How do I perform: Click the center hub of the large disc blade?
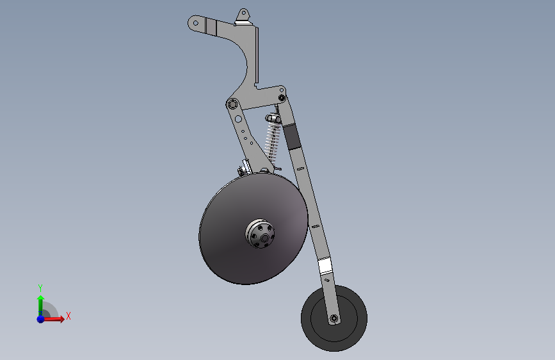pyautogui.click(x=260, y=234)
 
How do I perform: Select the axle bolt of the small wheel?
pyautogui.click(x=334, y=318)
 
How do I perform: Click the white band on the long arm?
pyautogui.click(x=325, y=266)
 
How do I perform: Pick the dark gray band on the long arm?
pyautogui.click(x=292, y=137)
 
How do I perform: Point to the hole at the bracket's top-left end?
pyautogui.click(x=195, y=23)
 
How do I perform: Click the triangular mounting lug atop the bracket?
pyautogui.click(x=243, y=17)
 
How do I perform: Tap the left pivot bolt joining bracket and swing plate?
pyautogui.click(x=232, y=104)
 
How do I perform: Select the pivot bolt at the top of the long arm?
pyautogui.click(x=282, y=97)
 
